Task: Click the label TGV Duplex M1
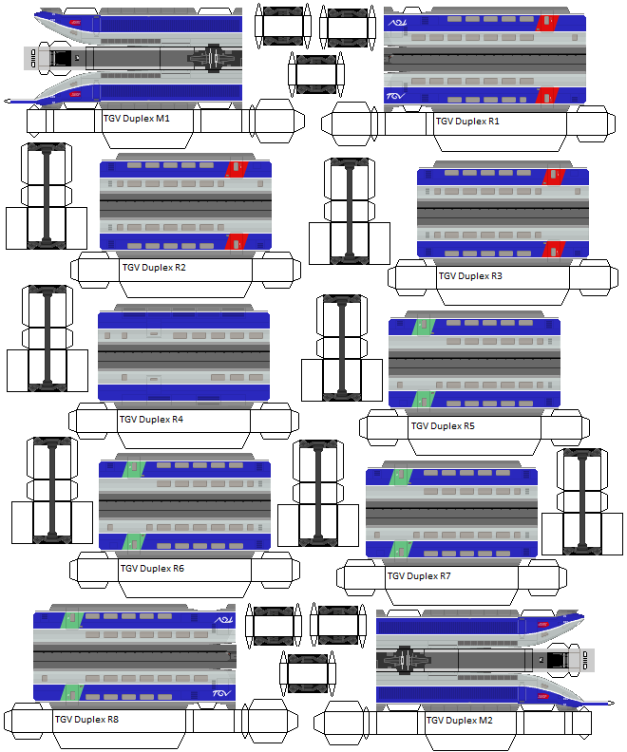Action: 136,119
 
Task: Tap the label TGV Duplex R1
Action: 467,122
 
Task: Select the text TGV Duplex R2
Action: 154,267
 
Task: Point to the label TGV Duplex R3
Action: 470,276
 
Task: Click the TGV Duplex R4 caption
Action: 151,419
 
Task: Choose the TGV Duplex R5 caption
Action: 443,426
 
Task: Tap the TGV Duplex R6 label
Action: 152,569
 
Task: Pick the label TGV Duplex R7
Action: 419,575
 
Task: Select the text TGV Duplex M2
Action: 459,721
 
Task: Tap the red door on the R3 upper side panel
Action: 552,176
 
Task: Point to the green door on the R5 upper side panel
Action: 423,326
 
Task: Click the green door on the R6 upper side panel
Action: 132,467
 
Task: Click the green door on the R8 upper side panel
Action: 69,618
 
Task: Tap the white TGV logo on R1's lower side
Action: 396,96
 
